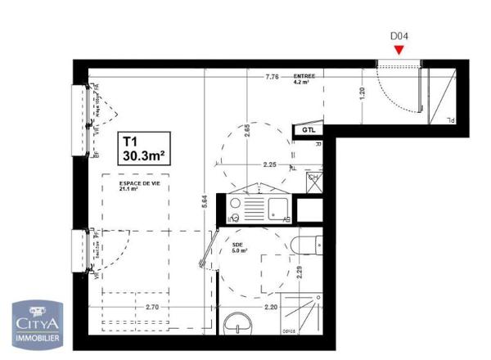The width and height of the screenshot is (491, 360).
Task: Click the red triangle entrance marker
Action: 399,49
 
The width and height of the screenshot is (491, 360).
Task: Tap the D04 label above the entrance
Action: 399,36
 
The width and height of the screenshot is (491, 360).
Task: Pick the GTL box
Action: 309,130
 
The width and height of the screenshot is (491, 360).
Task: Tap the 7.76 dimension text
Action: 273,77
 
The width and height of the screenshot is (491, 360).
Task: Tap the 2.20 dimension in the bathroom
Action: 272,308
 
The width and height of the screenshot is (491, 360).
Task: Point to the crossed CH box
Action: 313,180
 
